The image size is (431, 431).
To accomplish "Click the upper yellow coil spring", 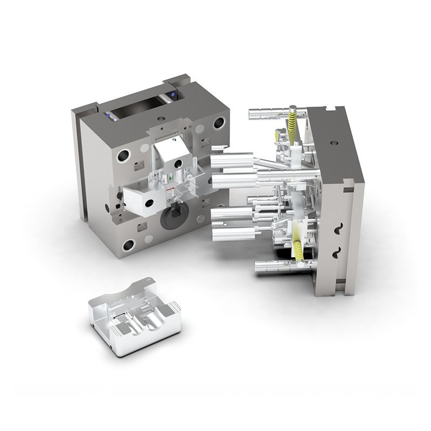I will coord(293,123).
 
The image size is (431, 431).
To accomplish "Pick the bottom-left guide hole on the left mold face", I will coord(129,246).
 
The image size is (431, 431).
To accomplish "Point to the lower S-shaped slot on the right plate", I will coord(338,252).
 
